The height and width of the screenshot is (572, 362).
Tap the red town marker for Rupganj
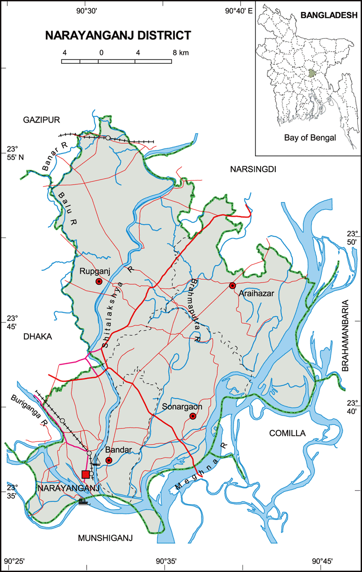click(x=99, y=281)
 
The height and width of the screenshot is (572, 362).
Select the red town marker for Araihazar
click(x=232, y=286)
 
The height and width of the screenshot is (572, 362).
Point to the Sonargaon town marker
click(x=193, y=417)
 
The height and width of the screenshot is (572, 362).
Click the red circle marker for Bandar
click(x=109, y=460)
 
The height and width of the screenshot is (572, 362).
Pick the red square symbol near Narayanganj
click(x=85, y=474)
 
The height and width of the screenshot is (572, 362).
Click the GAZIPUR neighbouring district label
click(x=42, y=120)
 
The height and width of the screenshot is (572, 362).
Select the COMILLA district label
click(x=287, y=433)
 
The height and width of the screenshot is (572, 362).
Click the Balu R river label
click(x=67, y=205)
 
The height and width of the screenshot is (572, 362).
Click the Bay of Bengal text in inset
click(x=309, y=137)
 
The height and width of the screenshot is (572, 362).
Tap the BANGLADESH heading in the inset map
click(x=329, y=15)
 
